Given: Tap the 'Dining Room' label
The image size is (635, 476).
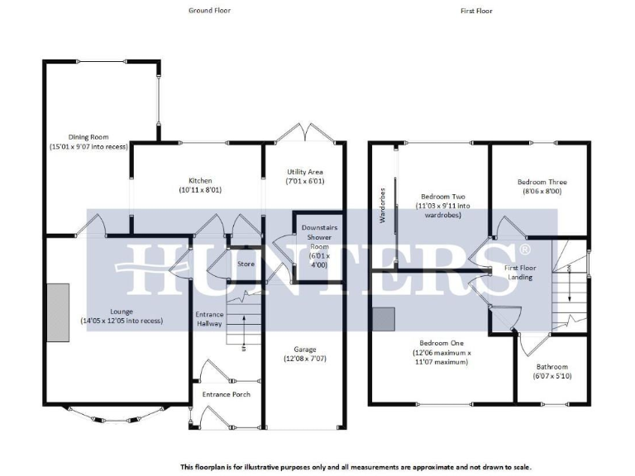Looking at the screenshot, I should (x=88, y=137).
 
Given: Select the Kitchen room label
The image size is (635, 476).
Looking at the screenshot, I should (x=200, y=180).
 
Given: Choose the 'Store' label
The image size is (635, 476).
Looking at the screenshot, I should (x=246, y=264).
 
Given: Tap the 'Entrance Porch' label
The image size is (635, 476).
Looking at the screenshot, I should (x=226, y=394).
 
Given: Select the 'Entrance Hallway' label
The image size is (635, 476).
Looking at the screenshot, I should (x=210, y=320).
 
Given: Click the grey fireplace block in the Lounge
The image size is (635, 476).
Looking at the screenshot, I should (x=58, y=312).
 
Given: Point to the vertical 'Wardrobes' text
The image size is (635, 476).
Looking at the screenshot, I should (x=382, y=205).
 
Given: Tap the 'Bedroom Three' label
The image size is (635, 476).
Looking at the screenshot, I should (x=542, y=182).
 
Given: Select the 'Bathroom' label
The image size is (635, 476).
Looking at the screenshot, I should (x=551, y=367).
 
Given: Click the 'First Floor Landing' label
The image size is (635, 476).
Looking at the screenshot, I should (x=519, y=273).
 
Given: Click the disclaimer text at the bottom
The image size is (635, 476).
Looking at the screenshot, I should (x=355, y=466).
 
